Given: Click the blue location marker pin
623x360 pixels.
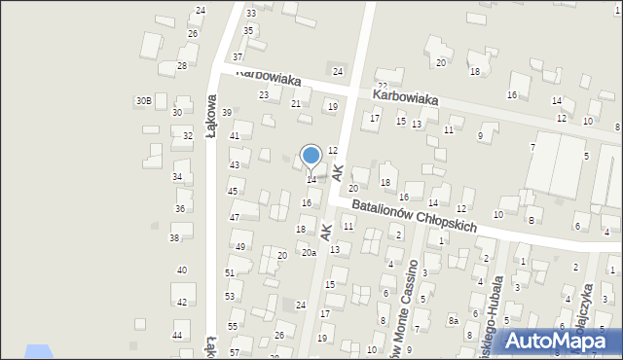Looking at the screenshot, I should click(311, 156).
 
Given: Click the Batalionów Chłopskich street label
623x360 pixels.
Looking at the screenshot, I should click(414, 215).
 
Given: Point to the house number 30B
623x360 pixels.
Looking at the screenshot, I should click(143, 100).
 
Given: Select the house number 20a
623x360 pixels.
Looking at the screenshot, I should click(308, 253).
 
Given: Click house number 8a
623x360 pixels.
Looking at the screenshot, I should click(453, 320).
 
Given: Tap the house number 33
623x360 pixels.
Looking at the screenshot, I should click(251, 13).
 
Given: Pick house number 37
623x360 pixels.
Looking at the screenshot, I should click(238, 56).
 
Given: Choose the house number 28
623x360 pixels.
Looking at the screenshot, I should click(182, 66).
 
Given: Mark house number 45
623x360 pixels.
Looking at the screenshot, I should click(233, 192).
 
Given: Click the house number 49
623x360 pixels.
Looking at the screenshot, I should click(238, 247).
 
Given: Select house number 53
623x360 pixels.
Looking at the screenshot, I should click(230, 296).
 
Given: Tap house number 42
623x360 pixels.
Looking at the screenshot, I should click(182, 303).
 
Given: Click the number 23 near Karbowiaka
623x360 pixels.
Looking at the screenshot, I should click(264, 94).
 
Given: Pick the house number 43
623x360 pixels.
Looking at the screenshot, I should click(234, 165).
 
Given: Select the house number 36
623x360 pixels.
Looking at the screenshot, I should click(180, 209).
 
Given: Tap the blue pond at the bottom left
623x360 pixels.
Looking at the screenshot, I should click(37, 351).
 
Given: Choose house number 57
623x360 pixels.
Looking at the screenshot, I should click(235, 352).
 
